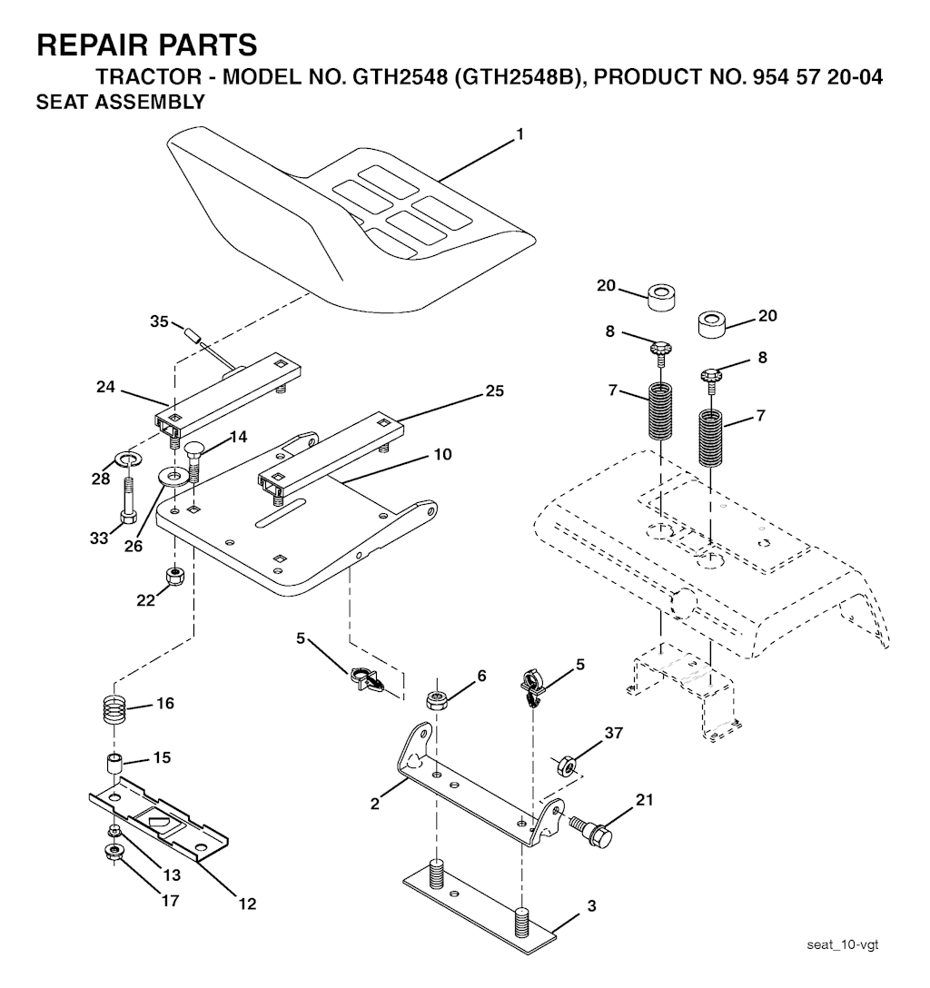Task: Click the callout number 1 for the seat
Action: (x=519, y=134)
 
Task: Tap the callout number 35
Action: (x=159, y=321)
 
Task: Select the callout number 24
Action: (x=105, y=386)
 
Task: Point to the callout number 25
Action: (x=495, y=390)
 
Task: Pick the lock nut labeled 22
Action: (x=174, y=576)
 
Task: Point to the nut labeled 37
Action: (x=566, y=766)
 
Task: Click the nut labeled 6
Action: (x=436, y=700)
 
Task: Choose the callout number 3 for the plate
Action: (x=591, y=906)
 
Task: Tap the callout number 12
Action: (x=248, y=904)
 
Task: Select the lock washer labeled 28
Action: (x=127, y=457)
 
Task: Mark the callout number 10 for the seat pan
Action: (x=443, y=454)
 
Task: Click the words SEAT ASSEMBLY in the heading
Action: (x=121, y=102)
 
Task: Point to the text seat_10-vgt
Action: (x=843, y=944)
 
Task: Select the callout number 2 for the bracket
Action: (x=375, y=804)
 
